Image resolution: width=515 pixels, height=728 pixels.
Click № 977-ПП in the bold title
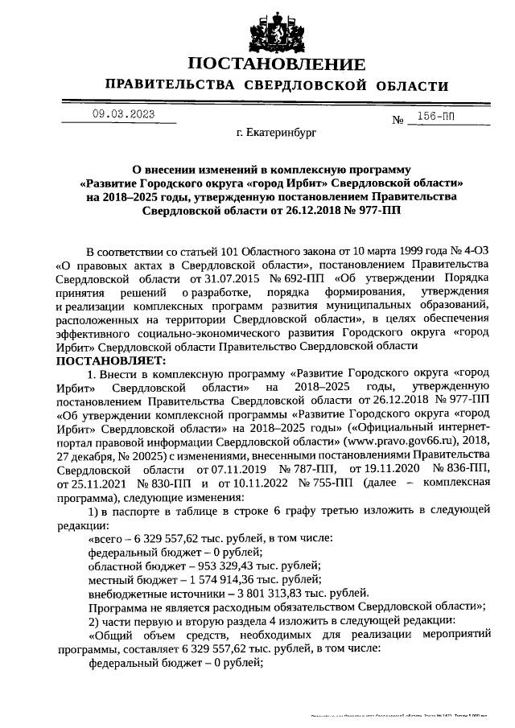click(x=370, y=210)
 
